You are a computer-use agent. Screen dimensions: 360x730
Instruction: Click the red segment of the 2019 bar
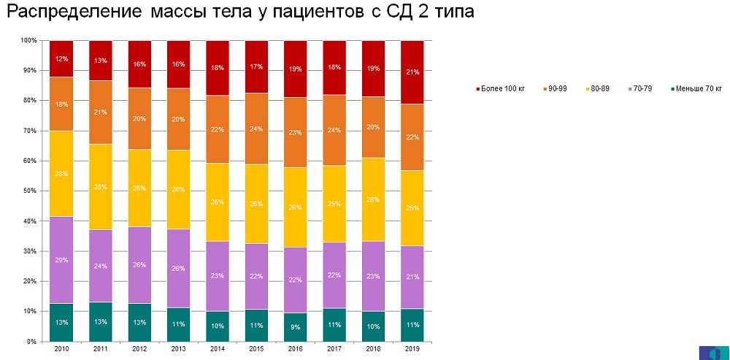pyautogui.click(x=412, y=72)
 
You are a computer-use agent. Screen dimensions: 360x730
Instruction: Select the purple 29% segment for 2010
pyautogui.click(x=61, y=259)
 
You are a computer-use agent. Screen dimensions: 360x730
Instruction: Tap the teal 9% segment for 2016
pyautogui.click(x=296, y=327)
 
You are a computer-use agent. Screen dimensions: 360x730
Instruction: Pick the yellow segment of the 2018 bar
pyautogui.click(x=374, y=199)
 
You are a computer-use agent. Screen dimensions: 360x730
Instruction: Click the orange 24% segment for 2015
pyautogui.click(x=256, y=129)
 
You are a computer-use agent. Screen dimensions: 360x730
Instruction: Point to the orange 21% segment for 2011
pyautogui.click(x=100, y=112)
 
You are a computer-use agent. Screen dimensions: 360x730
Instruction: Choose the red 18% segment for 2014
pyautogui.click(x=218, y=68)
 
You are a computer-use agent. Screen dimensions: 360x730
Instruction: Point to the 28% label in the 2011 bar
pyautogui.click(x=100, y=187)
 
